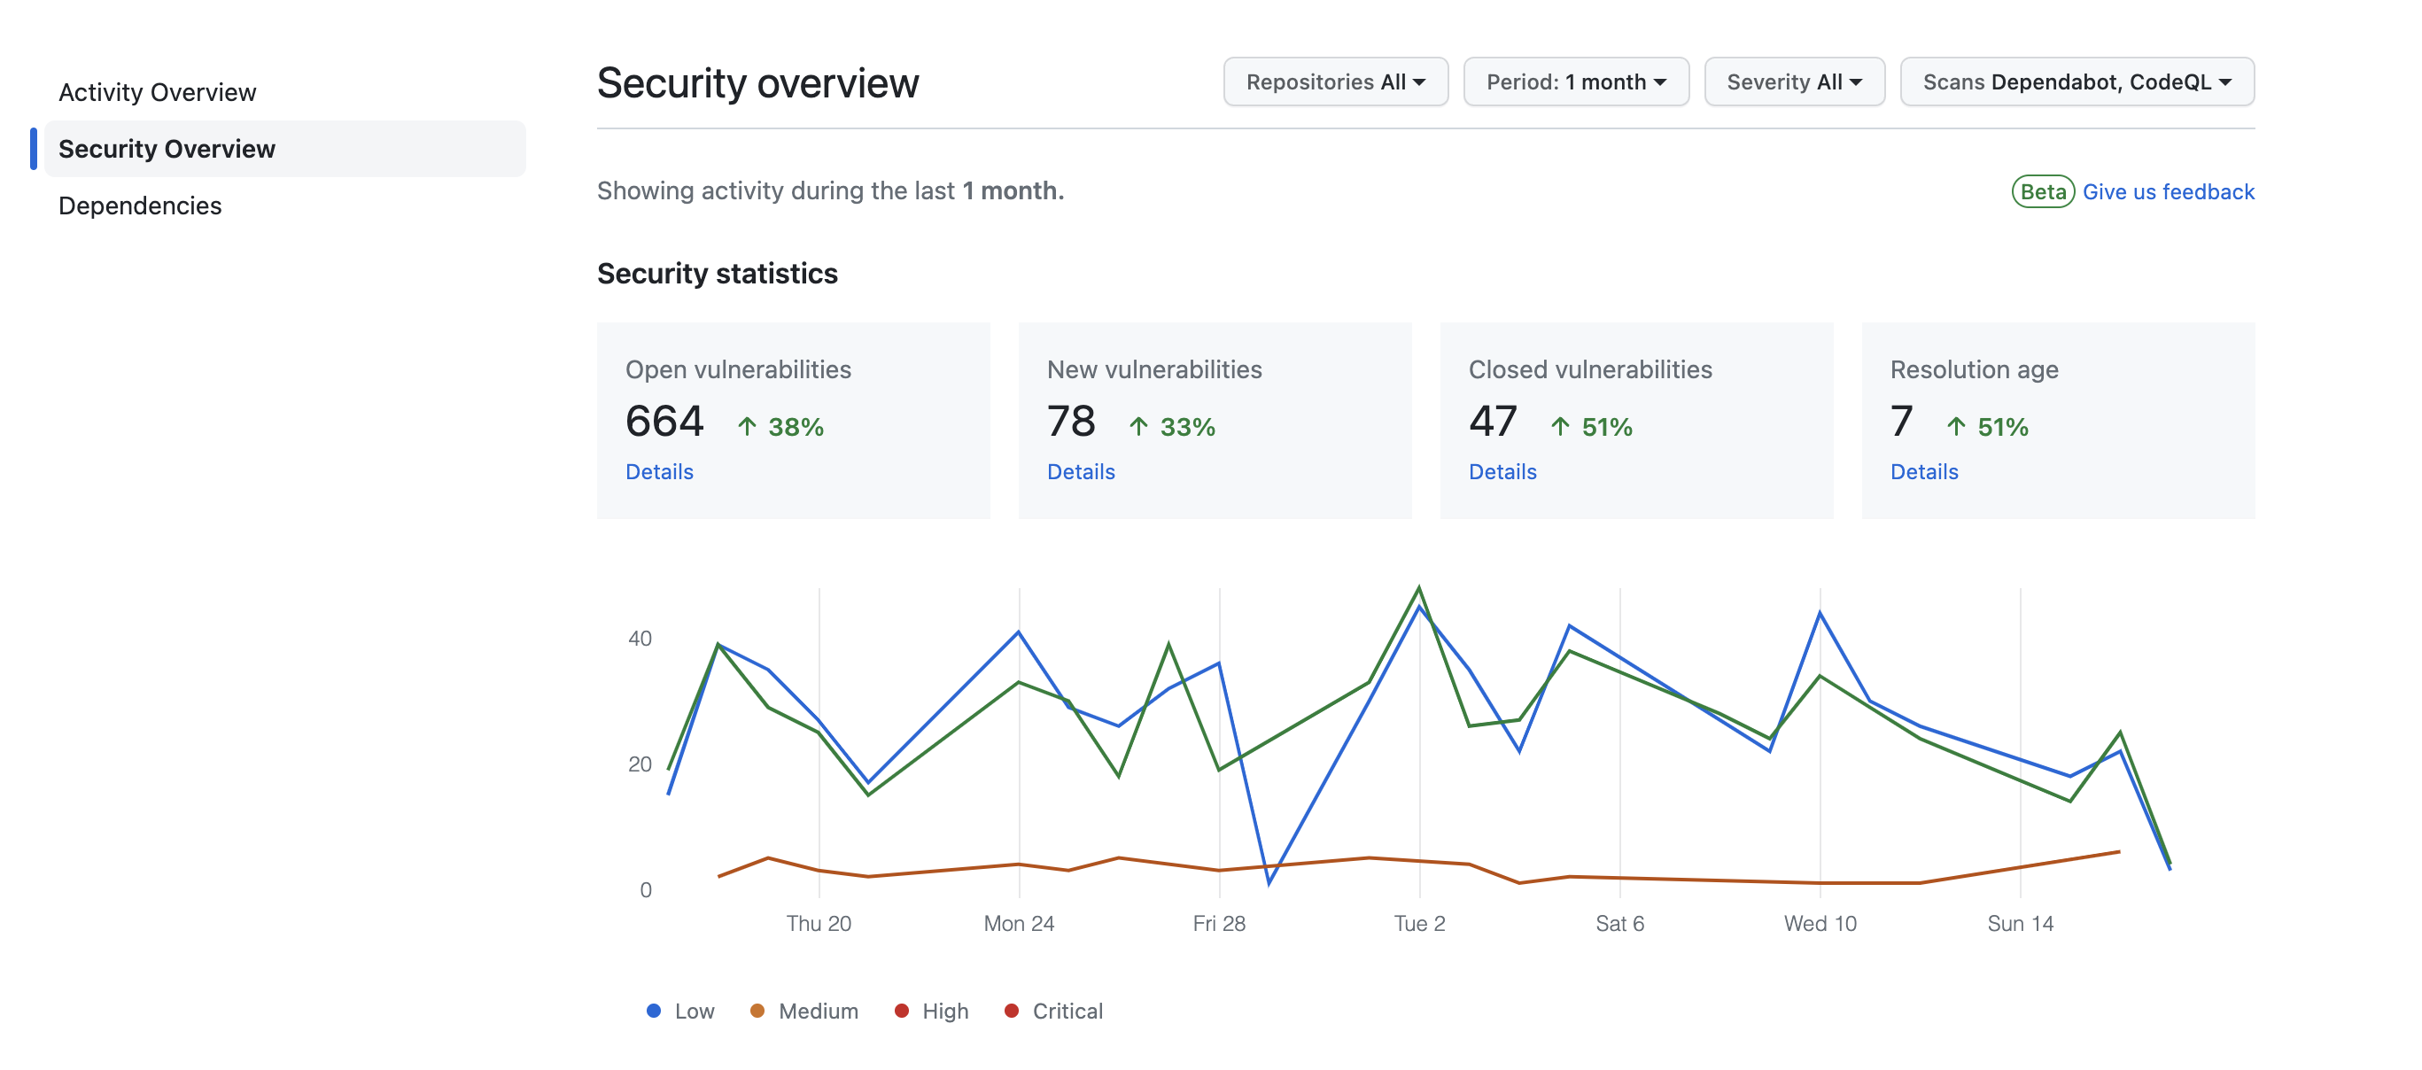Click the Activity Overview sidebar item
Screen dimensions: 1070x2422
[x=157, y=92]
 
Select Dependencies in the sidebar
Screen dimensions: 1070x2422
[x=140, y=205]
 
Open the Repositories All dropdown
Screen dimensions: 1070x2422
[x=1334, y=81]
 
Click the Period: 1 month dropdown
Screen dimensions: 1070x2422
[x=1575, y=81]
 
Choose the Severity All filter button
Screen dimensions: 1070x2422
[x=1793, y=81]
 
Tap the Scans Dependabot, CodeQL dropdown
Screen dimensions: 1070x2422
[x=2076, y=81]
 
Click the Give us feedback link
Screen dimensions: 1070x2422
[x=2167, y=192]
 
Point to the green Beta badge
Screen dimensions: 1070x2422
[x=2042, y=192]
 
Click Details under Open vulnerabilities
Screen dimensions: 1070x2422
[x=659, y=472]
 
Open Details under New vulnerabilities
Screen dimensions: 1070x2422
[x=1080, y=472]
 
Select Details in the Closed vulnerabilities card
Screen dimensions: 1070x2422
[x=1502, y=472]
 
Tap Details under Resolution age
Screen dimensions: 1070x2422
[x=1923, y=472]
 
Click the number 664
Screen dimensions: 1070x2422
[x=664, y=422]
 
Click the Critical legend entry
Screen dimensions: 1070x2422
[x=1054, y=1011]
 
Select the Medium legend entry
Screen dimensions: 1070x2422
[x=805, y=1011]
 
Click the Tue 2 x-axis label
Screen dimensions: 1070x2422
[x=1419, y=923]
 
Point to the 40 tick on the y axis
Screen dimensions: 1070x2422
[x=640, y=639]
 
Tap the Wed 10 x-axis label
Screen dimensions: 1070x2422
[x=1820, y=923]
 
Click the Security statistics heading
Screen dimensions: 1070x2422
[x=717, y=274]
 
